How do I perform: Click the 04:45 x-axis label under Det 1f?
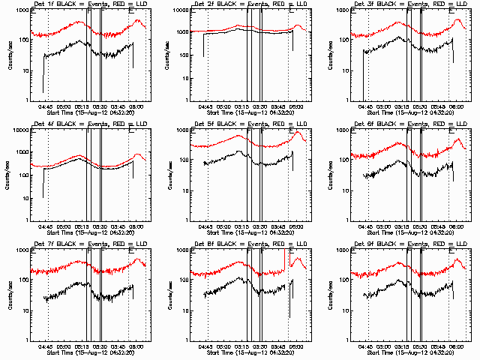(46, 106)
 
